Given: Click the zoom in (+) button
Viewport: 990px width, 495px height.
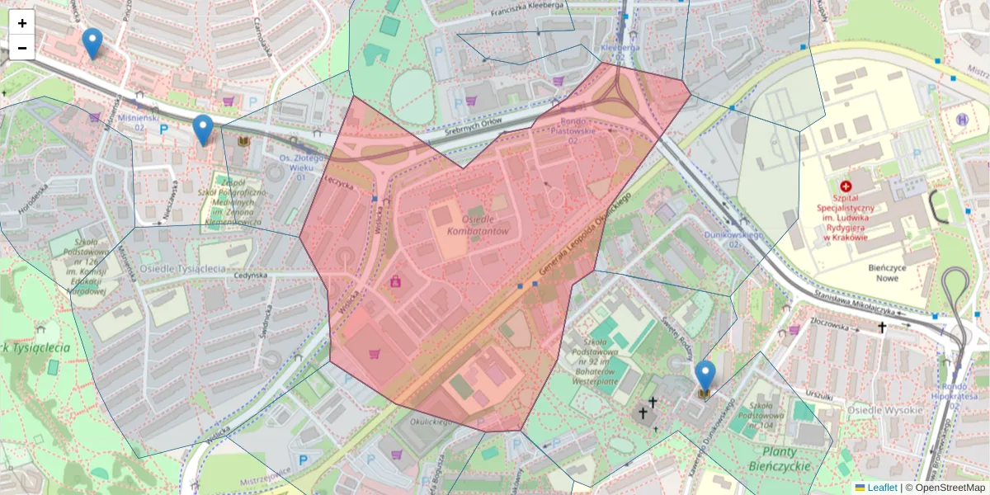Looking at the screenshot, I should (21, 23).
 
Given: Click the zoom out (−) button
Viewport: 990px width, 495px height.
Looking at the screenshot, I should (21, 48).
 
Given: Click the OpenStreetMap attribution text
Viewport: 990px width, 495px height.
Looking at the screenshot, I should (950, 488).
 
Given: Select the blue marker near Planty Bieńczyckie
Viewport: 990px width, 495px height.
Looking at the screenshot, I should (705, 376).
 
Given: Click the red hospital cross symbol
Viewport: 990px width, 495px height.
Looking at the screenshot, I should (844, 187).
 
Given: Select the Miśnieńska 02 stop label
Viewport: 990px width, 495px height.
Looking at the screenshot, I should (133, 123).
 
